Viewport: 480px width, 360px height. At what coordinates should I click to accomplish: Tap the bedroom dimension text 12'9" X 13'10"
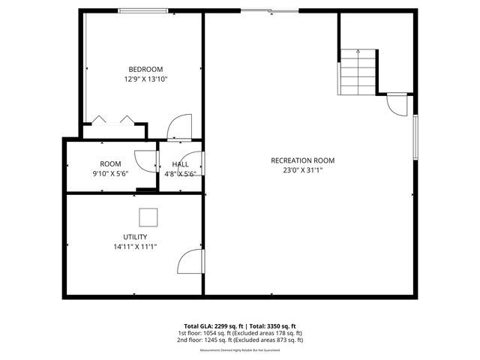click(x=145, y=79)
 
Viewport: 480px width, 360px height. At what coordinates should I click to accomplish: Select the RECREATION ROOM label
click(x=303, y=160)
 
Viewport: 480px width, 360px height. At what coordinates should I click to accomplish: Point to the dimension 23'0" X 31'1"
click(x=303, y=170)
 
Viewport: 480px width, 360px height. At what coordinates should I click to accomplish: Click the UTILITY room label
click(x=135, y=237)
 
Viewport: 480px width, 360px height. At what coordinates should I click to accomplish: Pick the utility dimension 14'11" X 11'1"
click(x=135, y=247)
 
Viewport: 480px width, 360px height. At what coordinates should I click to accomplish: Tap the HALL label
click(x=180, y=164)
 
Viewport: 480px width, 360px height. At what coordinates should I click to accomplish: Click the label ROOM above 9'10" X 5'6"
click(x=110, y=164)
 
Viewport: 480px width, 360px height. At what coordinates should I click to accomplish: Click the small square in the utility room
click(x=147, y=217)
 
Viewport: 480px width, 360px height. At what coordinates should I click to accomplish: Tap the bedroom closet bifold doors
click(x=112, y=120)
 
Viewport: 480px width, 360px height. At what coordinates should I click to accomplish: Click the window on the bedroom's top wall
click(x=142, y=10)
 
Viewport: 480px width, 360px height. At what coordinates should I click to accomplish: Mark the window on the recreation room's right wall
click(x=415, y=136)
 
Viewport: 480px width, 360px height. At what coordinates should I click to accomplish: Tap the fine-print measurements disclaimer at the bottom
click(x=240, y=350)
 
